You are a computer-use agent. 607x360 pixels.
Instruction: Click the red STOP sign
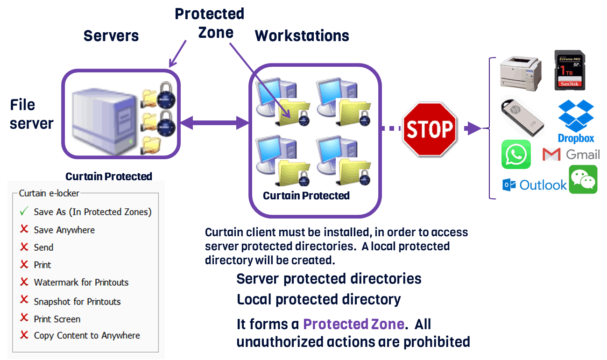click(x=430, y=128)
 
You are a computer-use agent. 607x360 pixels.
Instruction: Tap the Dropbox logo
click(x=576, y=120)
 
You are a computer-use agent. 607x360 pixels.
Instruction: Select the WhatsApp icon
click(x=516, y=154)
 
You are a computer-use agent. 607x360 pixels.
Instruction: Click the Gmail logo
click(x=571, y=154)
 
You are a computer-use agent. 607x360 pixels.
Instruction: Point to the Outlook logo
click(x=534, y=185)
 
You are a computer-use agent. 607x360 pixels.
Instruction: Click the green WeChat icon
click(x=583, y=179)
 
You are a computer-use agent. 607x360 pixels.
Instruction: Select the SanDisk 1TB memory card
click(x=569, y=70)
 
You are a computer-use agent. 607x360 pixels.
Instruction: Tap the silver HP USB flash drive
click(x=522, y=117)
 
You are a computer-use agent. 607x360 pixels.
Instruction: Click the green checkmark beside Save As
click(x=24, y=212)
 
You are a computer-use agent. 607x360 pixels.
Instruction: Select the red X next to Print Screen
click(x=24, y=318)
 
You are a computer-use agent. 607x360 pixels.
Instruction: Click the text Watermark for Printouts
click(x=81, y=282)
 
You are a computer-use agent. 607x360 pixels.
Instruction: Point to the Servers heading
click(x=111, y=36)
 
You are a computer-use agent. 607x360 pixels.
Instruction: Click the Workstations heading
click(x=302, y=36)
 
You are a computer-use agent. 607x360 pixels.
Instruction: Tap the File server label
click(x=32, y=114)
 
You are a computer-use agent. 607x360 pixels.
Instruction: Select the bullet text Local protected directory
click(x=318, y=299)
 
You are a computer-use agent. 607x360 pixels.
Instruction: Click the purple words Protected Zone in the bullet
click(x=353, y=324)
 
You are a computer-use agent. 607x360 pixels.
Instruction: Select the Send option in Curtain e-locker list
click(x=43, y=247)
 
